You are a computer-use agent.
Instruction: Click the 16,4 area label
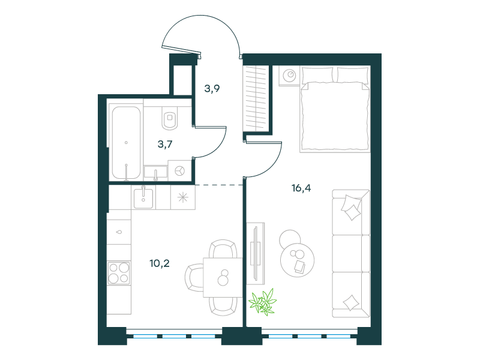click(x=301, y=188)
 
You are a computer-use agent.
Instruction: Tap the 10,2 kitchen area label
click(x=159, y=263)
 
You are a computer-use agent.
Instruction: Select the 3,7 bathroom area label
click(x=164, y=144)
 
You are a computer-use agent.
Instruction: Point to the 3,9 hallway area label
click(x=212, y=88)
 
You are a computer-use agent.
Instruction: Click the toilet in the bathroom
click(x=170, y=118)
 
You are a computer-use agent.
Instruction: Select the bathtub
click(x=126, y=143)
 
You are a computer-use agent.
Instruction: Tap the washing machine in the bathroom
click(x=179, y=171)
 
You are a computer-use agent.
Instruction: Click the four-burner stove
click(x=119, y=273)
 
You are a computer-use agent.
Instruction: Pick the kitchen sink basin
click(x=143, y=199)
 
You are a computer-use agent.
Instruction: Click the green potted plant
click(x=262, y=302)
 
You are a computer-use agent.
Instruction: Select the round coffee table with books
click(x=297, y=260)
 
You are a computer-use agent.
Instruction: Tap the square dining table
click(x=223, y=277)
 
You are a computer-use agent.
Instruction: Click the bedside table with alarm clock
click(x=289, y=76)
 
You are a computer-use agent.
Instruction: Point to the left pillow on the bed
click(x=317, y=75)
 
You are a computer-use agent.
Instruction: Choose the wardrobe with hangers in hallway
click(x=256, y=98)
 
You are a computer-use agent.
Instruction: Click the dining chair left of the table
click(x=194, y=278)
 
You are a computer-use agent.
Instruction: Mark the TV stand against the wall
click(x=256, y=253)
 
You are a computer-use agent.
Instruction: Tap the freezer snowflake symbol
click(x=183, y=197)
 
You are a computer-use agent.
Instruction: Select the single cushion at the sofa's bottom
click(x=351, y=302)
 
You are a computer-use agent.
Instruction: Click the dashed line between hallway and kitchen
click(x=219, y=185)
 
